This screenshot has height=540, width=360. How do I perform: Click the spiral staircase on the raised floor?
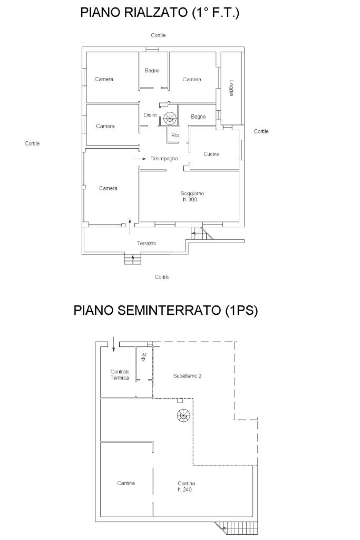(x=169, y=119)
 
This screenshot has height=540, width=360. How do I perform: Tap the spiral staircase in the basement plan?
(x=183, y=416)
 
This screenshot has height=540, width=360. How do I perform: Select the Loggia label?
(x=231, y=88)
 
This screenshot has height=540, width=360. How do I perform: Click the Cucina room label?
(x=211, y=154)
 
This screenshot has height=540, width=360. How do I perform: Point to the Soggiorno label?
(x=192, y=194)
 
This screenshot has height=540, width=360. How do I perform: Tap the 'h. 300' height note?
(x=189, y=200)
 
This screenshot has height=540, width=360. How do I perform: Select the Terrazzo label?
(x=147, y=244)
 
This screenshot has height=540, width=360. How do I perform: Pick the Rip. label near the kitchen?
(x=176, y=136)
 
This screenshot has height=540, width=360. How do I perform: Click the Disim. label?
(x=151, y=115)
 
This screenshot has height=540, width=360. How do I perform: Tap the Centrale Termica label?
(x=120, y=375)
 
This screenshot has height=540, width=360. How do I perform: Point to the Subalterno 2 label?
(x=187, y=375)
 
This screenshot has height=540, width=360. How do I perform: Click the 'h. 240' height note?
(x=185, y=489)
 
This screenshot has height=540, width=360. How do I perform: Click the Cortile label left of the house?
(x=32, y=143)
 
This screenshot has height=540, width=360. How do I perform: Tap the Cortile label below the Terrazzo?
(x=162, y=277)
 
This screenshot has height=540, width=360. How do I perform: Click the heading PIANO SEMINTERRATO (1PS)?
(x=166, y=310)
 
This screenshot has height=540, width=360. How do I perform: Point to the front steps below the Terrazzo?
(x=133, y=259)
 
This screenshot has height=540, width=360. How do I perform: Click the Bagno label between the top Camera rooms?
(x=152, y=70)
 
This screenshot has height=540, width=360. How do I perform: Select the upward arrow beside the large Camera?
(x=130, y=226)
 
